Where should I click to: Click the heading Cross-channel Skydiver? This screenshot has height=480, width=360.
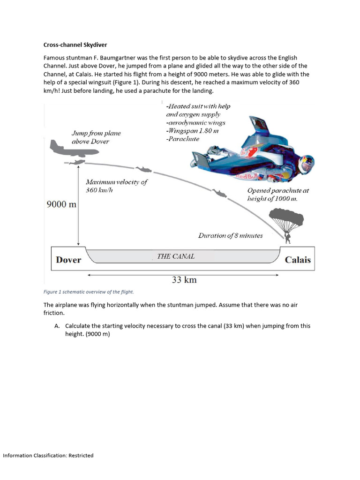pos(75,45)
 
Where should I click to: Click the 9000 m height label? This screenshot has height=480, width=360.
pos(61,204)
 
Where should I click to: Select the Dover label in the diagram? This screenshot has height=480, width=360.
pos(68,260)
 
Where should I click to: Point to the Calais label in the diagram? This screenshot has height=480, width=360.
pos(298,260)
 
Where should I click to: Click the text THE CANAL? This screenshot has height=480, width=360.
pos(176,256)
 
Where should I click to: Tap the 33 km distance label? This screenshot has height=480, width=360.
pos(184,280)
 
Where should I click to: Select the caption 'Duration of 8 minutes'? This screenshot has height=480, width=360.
pos(230,235)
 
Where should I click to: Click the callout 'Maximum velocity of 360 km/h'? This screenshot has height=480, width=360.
pos(116,186)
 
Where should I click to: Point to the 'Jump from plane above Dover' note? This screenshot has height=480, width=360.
pos(96,137)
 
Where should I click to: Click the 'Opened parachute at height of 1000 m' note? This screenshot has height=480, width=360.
pos(278,195)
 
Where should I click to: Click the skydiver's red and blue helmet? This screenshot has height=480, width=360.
pos(307,163)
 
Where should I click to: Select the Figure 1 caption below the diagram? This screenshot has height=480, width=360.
pos(89,292)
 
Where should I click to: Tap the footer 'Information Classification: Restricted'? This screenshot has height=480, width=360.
pos(48,455)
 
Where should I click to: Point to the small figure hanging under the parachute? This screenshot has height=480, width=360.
pos(288,239)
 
